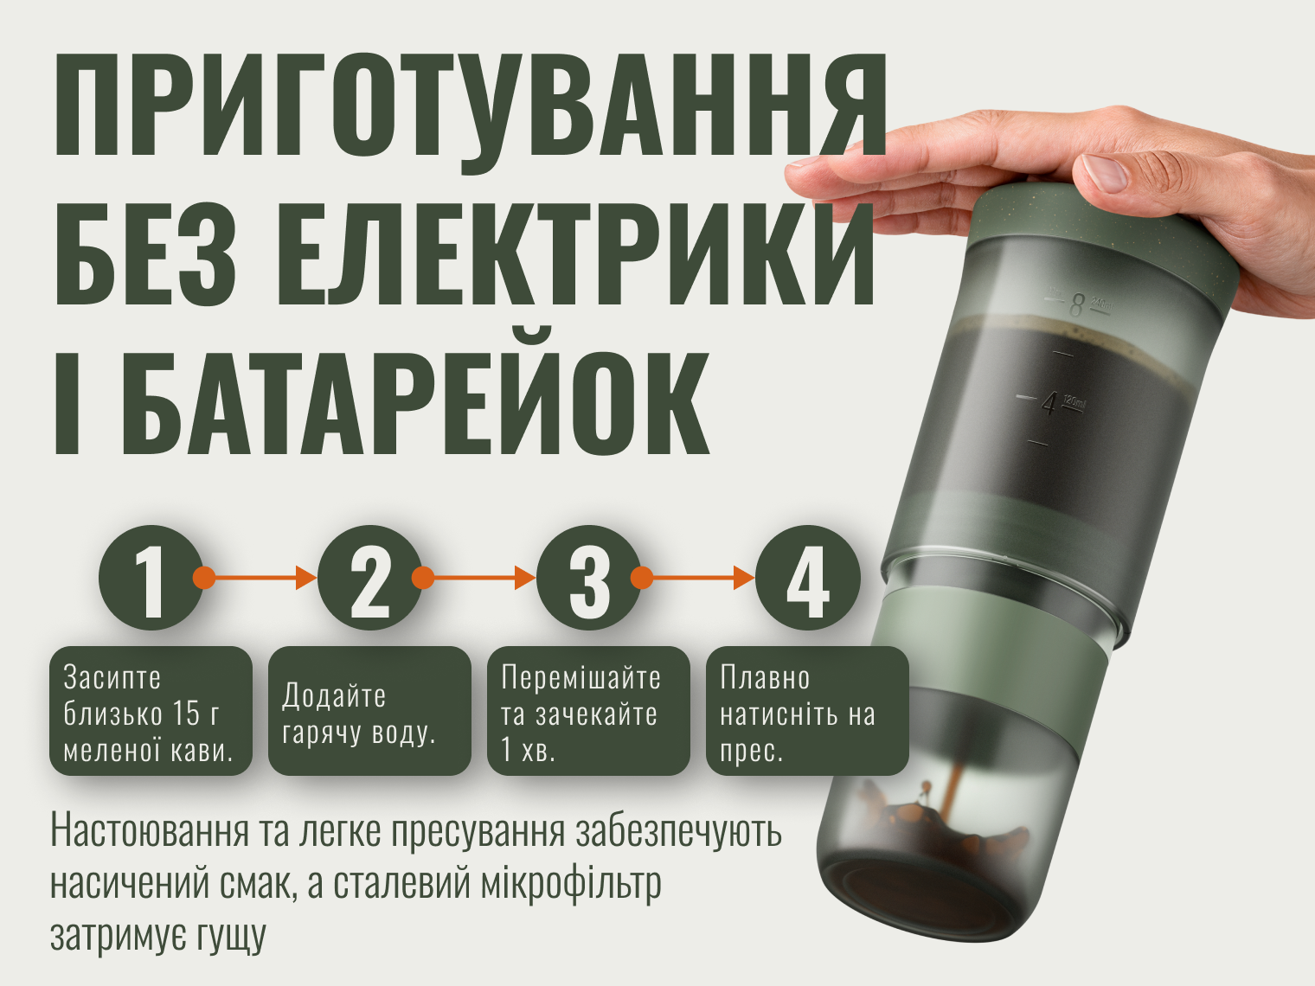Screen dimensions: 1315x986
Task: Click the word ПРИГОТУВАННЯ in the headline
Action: tap(471, 105)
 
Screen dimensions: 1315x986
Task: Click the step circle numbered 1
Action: tap(151, 577)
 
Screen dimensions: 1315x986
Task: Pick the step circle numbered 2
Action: tap(370, 577)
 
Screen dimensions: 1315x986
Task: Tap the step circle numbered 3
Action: tap(589, 577)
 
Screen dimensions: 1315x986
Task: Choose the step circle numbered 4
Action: tap(807, 577)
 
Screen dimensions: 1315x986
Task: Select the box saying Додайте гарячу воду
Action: tap(369, 711)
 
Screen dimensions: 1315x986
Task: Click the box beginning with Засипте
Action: tap(151, 711)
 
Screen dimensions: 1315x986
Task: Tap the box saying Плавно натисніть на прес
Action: tap(807, 711)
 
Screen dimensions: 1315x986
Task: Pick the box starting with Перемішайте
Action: tap(589, 711)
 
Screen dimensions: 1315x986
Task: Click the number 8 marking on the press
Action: tap(1076, 304)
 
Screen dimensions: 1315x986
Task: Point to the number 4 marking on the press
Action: tap(1049, 404)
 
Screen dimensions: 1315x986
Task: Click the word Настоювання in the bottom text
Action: tap(149, 831)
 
